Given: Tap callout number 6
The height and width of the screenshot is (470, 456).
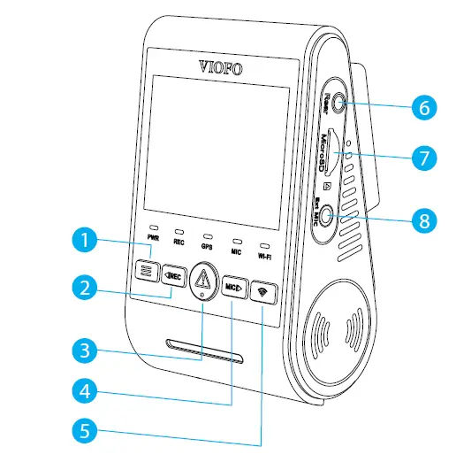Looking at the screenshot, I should [423, 108].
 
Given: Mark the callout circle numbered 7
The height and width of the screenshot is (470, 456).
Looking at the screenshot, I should [423, 158].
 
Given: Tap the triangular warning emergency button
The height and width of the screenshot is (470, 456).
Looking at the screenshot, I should [203, 280].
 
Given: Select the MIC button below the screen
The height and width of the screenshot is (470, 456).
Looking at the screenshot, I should [232, 288].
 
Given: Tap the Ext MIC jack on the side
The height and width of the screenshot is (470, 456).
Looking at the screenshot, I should [328, 214].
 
